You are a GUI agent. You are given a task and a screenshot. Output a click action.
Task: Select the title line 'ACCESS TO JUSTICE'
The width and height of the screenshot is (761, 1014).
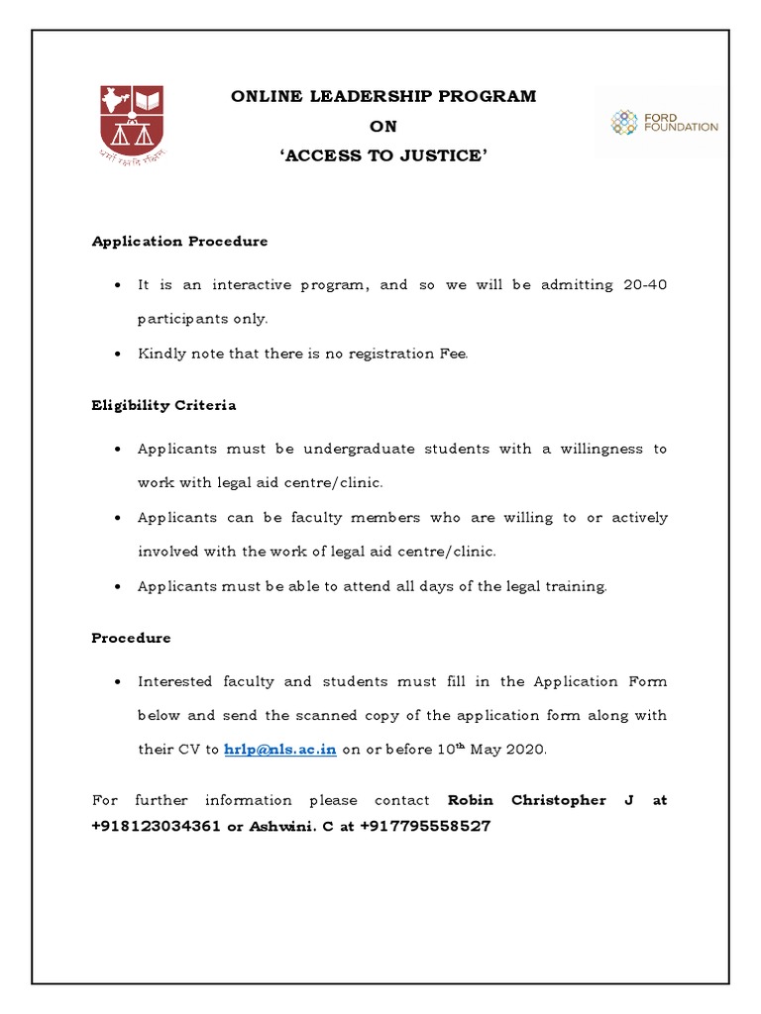click(x=382, y=156)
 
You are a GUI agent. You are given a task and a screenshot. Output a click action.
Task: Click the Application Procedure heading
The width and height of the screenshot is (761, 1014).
click(x=179, y=242)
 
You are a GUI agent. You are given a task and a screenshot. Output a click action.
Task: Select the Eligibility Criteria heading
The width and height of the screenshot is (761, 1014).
click(x=163, y=406)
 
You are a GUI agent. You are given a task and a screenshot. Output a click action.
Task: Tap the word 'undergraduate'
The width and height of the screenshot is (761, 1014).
click(x=360, y=449)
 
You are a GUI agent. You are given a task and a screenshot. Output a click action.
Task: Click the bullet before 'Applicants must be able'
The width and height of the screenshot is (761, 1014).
click(x=117, y=587)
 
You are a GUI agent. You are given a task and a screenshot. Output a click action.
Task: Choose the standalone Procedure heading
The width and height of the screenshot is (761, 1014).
click(x=131, y=639)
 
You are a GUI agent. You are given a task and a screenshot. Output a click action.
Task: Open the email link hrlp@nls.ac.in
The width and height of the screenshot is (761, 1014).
click(x=280, y=750)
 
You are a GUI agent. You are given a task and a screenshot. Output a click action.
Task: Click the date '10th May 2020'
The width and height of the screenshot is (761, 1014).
click(x=491, y=749)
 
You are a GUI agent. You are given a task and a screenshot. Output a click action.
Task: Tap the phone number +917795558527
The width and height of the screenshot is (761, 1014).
click(x=425, y=826)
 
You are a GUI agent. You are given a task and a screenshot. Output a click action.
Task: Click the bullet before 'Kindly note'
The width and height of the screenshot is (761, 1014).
click(x=117, y=355)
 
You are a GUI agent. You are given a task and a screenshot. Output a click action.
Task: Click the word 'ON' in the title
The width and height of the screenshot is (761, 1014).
click(x=382, y=127)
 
